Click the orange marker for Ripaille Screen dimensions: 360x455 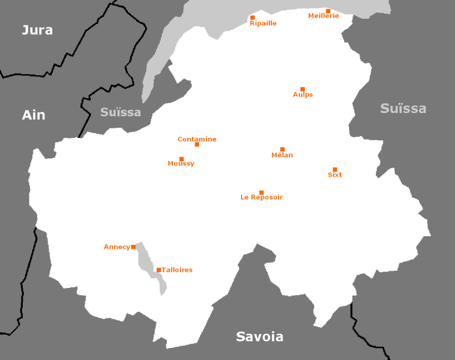(253, 18)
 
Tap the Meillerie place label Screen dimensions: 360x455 (323, 16)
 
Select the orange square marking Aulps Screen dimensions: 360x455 (303, 89)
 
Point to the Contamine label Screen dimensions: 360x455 (197, 139)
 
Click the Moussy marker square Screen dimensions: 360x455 (182, 159)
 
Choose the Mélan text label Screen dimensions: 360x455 (282, 155)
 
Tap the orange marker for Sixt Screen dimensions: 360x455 (335, 169)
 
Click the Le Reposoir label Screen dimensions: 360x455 (262, 197)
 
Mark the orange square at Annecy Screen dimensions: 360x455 (134, 247)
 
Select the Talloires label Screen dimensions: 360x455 (177, 270)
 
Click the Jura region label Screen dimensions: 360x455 (37, 30)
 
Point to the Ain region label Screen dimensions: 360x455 (33, 115)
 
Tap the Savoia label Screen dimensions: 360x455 (259, 336)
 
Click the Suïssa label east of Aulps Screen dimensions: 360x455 (403, 109)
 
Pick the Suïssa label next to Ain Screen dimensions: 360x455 (120, 112)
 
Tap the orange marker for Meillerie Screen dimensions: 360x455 (328, 11)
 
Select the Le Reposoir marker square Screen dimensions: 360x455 (262, 193)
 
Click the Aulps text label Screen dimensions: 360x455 (303, 95)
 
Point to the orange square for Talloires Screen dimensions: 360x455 (159, 270)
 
